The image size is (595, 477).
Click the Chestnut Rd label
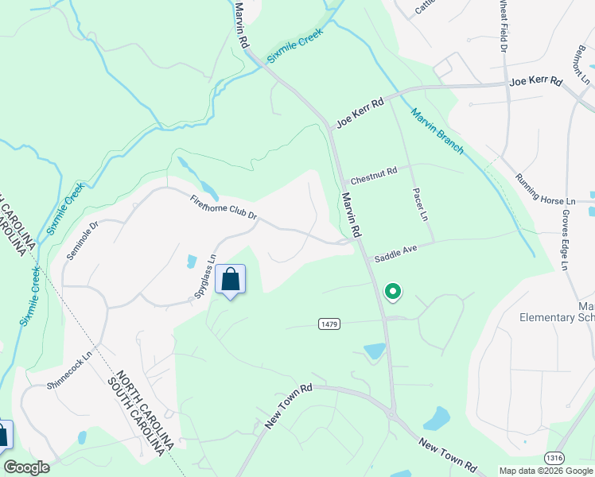(373, 175)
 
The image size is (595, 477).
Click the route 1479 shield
(330, 324)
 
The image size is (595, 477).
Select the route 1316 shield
(554, 458)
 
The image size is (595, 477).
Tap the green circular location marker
(393, 292)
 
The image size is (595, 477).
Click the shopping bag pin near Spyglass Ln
(231, 280)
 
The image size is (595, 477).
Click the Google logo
(26, 467)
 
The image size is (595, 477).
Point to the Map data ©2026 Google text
(546, 471)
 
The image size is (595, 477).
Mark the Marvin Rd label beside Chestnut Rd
(352, 214)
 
